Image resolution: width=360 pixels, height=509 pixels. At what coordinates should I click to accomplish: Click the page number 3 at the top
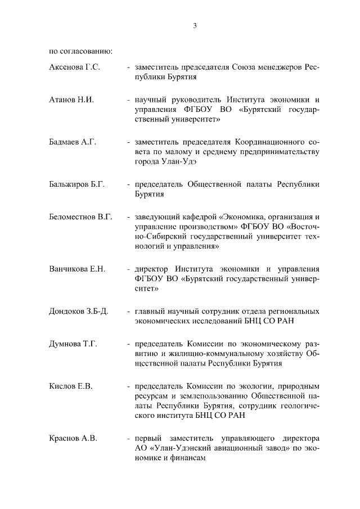[194, 25]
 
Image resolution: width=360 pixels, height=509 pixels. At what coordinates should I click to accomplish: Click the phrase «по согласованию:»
[81, 52]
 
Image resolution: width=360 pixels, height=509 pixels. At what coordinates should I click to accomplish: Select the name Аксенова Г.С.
[74, 67]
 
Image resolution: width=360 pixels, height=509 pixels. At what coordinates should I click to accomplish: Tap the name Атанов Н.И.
[71, 100]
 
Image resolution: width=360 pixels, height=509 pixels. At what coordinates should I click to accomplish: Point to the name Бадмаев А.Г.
[73, 142]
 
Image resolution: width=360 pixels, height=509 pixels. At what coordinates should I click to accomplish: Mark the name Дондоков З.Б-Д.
[78, 311]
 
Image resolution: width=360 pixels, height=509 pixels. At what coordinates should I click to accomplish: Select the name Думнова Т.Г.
[73, 343]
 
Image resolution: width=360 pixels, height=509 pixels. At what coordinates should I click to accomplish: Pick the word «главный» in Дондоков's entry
[147, 311]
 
